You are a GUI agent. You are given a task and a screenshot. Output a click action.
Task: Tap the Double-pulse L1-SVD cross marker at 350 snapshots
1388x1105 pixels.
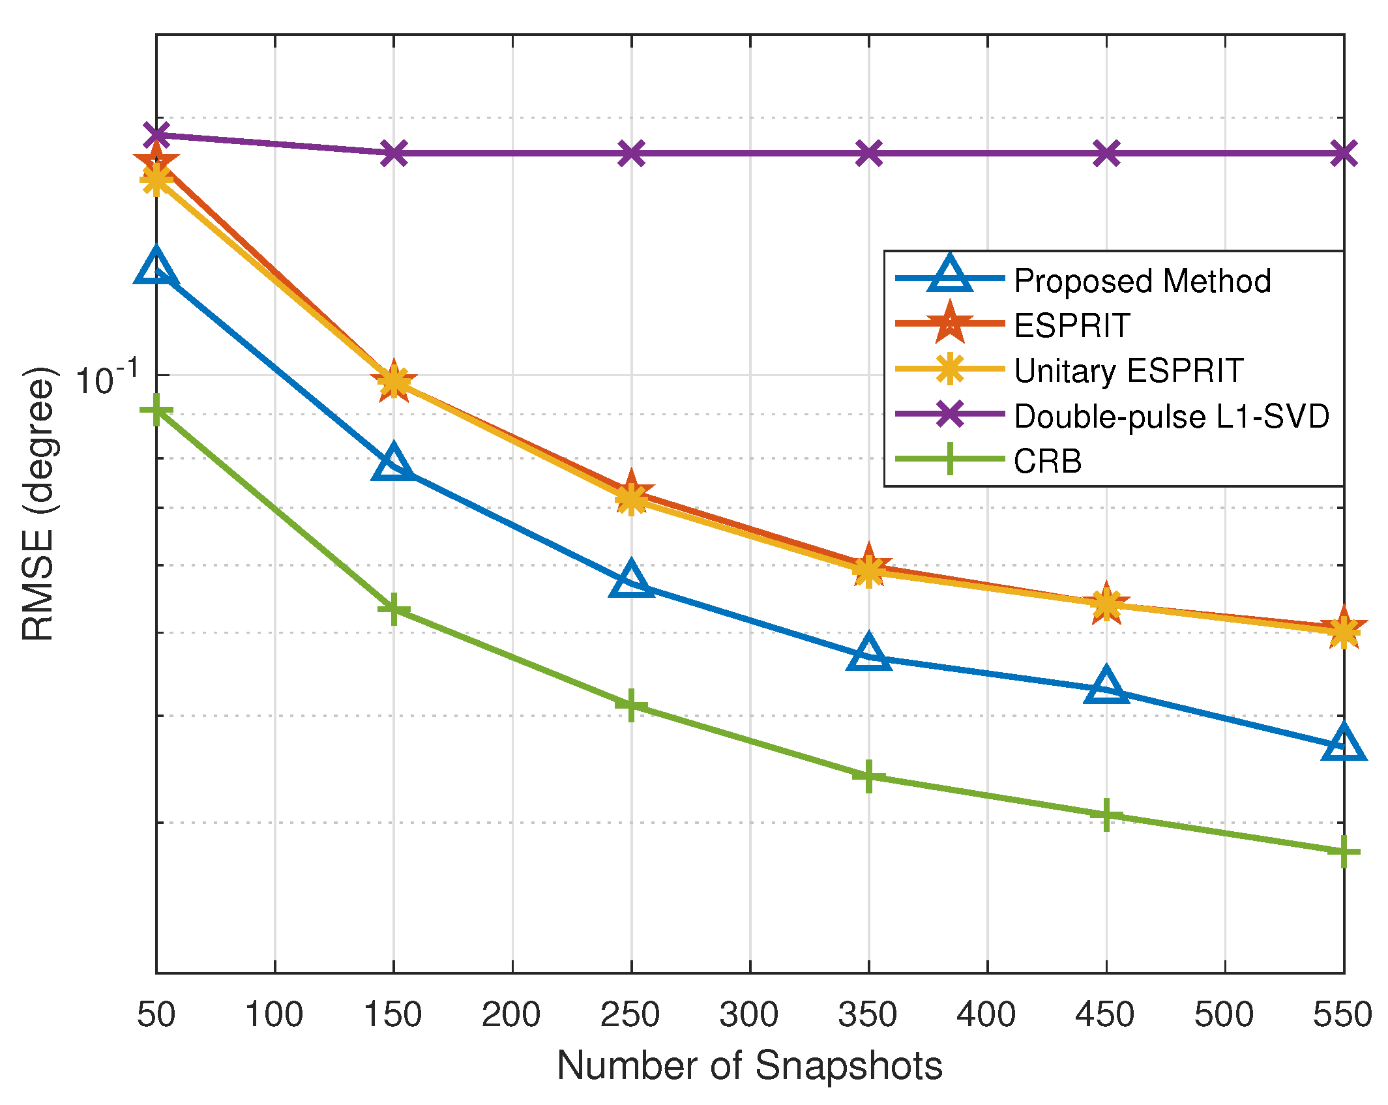tap(868, 153)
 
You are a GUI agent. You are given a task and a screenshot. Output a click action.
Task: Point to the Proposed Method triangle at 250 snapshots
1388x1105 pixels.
tap(631, 580)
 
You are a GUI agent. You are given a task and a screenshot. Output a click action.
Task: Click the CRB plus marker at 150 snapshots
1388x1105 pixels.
tap(394, 609)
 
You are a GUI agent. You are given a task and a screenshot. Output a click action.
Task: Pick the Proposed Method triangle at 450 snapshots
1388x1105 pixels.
tap(1106, 686)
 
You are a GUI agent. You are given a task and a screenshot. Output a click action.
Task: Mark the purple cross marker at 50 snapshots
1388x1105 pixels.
tap(156, 136)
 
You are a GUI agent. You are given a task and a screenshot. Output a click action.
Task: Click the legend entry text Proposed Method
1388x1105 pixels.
tap(1142, 281)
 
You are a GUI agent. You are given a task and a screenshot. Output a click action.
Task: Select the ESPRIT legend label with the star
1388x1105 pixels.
tap(1072, 325)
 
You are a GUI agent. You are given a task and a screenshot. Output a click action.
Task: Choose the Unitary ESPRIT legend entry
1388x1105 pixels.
tap(1129, 370)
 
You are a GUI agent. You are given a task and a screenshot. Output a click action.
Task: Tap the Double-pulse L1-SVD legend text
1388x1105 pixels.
tap(1172, 416)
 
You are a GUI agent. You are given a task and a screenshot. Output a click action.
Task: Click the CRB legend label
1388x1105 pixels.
tap(1048, 461)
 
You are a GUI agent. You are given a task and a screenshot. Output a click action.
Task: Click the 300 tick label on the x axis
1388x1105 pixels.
tap(749, 1014)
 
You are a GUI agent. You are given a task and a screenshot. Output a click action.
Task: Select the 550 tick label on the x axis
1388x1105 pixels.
tap(1342, 1014)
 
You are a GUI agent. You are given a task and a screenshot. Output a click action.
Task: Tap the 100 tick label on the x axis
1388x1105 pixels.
tap(274, 1014)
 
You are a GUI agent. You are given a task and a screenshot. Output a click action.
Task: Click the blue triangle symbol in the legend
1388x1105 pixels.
tap(950, 275)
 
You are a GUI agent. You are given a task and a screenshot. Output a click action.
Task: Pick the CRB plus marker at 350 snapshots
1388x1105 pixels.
tap(868, 776)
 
